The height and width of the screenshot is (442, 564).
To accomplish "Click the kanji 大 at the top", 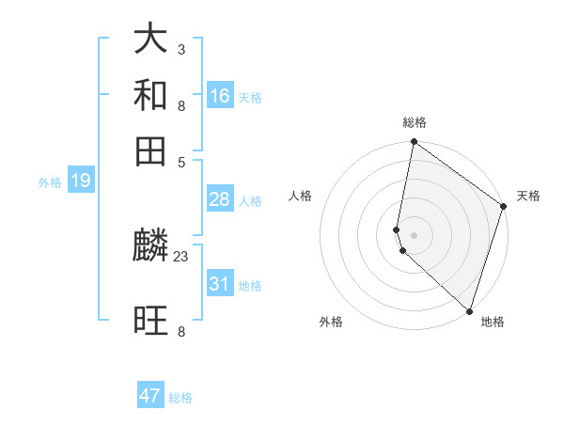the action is [x=151, y=39].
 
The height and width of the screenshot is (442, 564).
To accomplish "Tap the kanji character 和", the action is [x=151, y=95].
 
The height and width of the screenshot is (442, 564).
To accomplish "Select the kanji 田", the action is [x=151, y=150].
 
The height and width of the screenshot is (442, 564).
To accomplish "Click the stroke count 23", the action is [x=181, y=256].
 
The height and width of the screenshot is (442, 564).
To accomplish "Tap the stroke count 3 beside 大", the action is [x=181, y=49].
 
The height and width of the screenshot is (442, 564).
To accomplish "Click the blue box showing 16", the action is [x=220, y=95].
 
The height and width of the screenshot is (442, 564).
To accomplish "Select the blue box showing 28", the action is [x=220, y=199].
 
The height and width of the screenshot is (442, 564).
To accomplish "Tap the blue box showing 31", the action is [x=220, y=283].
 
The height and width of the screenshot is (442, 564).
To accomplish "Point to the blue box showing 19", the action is [x=81, y=181].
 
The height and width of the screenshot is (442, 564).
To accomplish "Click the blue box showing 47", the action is [x=150, y=396].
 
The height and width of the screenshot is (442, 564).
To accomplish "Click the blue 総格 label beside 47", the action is [x=180, y=398].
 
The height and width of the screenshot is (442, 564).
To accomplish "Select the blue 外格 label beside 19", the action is [x=50, y=182].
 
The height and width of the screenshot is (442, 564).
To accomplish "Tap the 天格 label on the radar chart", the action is [x=528, y=196].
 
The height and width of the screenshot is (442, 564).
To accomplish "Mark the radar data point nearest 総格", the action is [x=414, y=142].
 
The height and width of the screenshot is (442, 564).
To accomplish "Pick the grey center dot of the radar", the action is [x=414, y=234].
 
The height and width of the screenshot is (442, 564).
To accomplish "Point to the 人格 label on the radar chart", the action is [x=301, y=196].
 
